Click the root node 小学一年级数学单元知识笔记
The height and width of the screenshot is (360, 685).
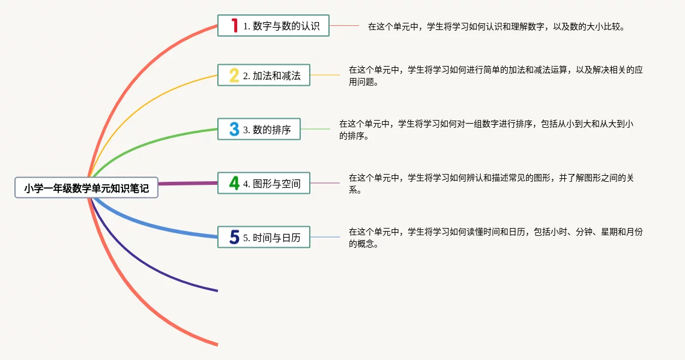pyautogui.click(x=86, y=188)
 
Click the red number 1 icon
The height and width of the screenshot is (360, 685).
pyautogui.click(x=235, y=25)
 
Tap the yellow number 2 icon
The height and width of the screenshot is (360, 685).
pyautogui.click(x=234, y=76)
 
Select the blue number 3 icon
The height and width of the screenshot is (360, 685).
pyautogui.click(x=234, y=129)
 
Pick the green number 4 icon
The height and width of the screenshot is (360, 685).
pyautogui.click(x=234, y=183)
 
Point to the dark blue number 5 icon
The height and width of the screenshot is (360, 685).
pyautogui.click(x=235, y=237)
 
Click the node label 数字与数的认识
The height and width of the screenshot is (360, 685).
pyautogui.click(x=282, y=26)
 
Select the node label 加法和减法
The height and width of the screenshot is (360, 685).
pyautogui.click(x=272, y=76)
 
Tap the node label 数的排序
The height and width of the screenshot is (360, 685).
pyautogui.click(x=267, y=130)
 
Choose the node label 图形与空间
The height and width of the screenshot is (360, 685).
pyautogui.click(x=272, y=184)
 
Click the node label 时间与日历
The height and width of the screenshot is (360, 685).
pyautogui.click(x=272, y=238)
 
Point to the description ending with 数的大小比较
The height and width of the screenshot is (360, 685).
pyautogui.click(x=496, y=26)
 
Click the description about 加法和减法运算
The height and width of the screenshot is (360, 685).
pyautogui.click(x=495, y=76)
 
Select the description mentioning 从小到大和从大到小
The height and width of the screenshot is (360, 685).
pyautogui.click(x=486, y=130)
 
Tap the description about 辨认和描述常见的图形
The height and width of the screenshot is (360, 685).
pyautogui.click(x=491, y=183)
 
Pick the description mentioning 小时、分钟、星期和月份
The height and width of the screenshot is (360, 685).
pyautogui.click(x=495, y=238)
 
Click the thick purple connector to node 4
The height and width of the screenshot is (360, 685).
pyautogui.click(x=188, y=183)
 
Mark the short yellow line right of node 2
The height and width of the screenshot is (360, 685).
pyautogui.click(x=325, y=75)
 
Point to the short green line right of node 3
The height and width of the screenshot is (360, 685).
pyautogui.click(x=315, y=129)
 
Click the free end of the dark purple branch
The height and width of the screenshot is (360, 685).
pyautogui.click(x=217, y=290)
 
